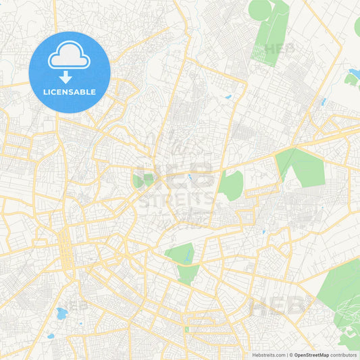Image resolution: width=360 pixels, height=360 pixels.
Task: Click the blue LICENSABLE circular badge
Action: pyautogui.click(x=70, y=72)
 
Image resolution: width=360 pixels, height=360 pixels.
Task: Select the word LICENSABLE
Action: pyautogui.click(x=70, y=92)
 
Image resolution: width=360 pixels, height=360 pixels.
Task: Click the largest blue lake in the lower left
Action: pyautogui.click(x=61, y=313)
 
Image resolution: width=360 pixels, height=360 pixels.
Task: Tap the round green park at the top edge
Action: pyautogui.click(x=260, y=9)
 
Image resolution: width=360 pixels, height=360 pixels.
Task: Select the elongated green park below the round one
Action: pyautogui.click(x=270, y=41)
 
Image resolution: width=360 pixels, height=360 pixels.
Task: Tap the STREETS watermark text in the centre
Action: pyautogui.click(x=176, y=199)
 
